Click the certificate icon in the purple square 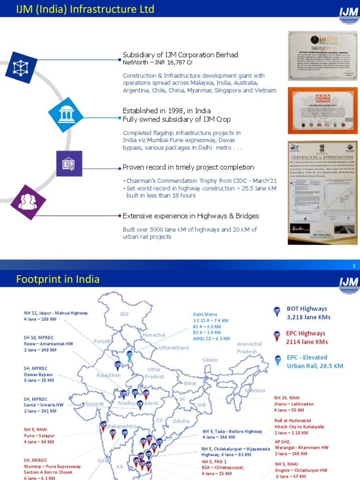(69, 164)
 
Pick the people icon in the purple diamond (28, 202)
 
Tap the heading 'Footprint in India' (58, 279)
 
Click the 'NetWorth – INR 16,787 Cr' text (157, 62)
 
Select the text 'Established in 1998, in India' (167, 111)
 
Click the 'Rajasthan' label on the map (109, 375)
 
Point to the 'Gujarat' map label (94, 403)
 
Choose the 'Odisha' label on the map (181, 421)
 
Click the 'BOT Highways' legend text (307, 308)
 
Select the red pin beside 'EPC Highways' (277, 335)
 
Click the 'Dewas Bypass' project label (38, 375)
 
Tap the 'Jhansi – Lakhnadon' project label (294, 404)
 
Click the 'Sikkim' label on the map (210, 360)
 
